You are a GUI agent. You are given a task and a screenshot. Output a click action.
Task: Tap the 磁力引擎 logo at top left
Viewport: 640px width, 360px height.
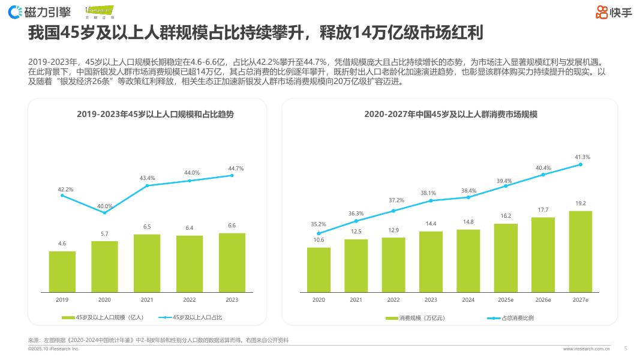coord(40,11)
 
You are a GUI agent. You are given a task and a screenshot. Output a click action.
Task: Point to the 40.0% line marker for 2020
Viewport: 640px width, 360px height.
coord(105,212)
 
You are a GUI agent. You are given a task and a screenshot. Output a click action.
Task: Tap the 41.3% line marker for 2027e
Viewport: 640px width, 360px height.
coord(580,164)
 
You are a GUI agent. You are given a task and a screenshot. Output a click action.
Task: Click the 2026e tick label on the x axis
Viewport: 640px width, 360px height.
coord(543,299)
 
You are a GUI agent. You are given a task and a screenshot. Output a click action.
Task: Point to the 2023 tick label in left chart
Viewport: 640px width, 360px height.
coord(232,299)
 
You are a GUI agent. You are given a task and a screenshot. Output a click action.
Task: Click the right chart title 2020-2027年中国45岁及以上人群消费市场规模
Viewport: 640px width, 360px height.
coord(450,113)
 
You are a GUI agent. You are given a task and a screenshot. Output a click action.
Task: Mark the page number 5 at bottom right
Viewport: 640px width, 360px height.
coord(626,347)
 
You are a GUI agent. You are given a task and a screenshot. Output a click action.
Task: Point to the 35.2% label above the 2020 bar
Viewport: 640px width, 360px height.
coord(319,224)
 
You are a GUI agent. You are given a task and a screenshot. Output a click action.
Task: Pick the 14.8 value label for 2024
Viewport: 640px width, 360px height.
coord(468,222)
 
